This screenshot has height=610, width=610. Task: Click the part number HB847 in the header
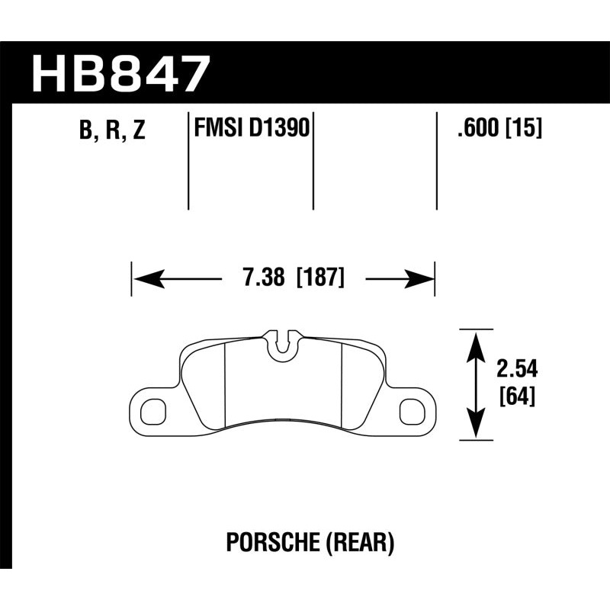120,74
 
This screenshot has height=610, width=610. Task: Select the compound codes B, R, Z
111,131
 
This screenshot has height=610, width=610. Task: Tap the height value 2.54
517,370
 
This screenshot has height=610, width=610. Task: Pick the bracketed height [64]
516,396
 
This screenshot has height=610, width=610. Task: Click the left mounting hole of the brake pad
152,410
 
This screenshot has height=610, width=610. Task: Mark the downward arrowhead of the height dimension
476,427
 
